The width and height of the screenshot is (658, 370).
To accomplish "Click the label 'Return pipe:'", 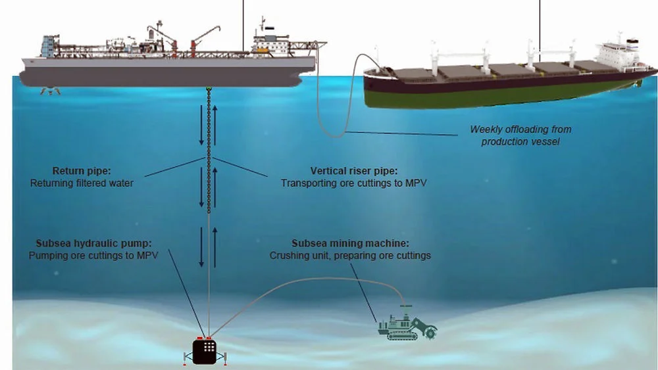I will click(78, 171).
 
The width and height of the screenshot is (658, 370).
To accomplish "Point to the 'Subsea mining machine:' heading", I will click(349, 243).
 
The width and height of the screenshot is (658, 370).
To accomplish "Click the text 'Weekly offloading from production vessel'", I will click(520, 135).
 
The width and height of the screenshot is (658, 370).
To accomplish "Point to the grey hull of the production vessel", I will click(164, 76).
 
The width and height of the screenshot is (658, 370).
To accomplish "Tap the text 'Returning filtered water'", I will click(82, 183).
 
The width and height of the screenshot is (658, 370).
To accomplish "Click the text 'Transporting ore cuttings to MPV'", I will click(353, 183).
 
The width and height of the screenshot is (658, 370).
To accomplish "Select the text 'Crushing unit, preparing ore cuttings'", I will click(350, 255).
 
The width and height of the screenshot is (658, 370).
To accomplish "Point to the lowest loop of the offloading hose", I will click(339, 135).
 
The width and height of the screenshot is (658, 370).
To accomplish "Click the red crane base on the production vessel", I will click(193, 46).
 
